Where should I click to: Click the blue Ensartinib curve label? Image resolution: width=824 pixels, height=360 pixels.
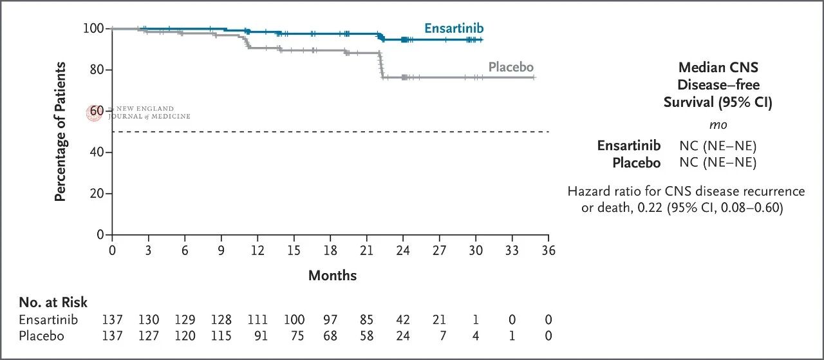tap(454, 28)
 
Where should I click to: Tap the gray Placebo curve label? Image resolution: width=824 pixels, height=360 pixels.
tap(511, 67)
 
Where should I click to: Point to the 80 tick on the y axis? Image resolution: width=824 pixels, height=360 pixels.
tap(109, 70)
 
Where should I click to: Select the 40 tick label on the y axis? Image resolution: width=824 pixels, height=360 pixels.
tap(97, 152)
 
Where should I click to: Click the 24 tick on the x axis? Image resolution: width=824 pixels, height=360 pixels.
tap(403, 238)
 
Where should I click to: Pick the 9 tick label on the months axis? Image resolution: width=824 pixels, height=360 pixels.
tap(221, 251)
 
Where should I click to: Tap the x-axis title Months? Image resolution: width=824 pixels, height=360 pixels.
tap(333, 276)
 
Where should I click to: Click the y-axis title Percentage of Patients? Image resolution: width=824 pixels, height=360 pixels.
tap(60, 132)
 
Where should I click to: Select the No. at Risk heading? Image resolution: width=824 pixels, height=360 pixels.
tap(53, 302)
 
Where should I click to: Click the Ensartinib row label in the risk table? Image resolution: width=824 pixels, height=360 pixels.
tap(48, 319)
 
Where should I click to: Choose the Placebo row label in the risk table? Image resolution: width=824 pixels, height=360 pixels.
tap(42, 336)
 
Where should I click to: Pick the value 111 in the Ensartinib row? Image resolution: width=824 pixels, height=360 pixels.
tap(257, 319)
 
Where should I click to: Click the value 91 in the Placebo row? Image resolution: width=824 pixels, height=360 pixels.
tap(261, 336)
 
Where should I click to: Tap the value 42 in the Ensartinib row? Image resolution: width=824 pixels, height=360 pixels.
tap(403, 319)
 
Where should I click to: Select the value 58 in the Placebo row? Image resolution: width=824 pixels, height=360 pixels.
tap(366, 336)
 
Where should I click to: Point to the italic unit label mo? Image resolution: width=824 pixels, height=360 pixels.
tap(718, 125)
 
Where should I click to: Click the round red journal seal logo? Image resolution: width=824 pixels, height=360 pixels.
tap(94, 113)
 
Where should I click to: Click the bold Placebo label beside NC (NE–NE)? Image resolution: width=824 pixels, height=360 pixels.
tap(637, 163)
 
